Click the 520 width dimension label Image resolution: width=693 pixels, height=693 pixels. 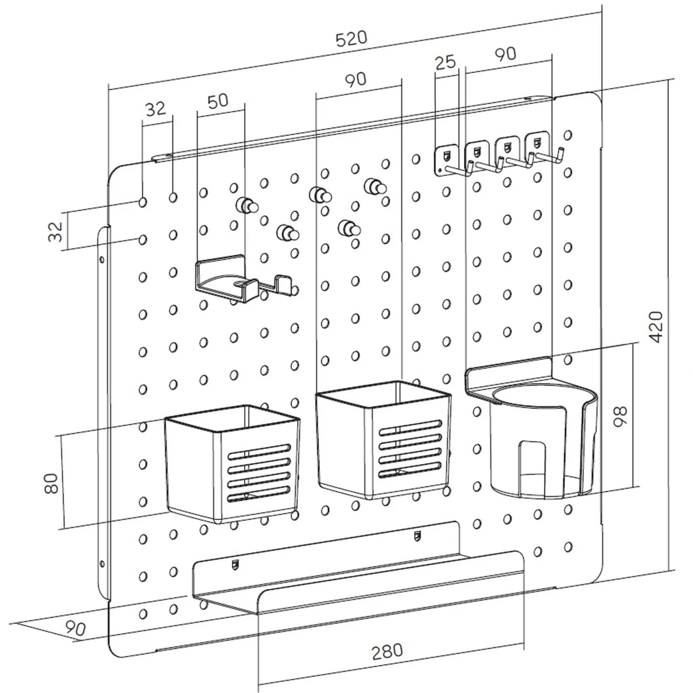coord(351,39)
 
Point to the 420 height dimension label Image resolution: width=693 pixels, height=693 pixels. coord(656,327)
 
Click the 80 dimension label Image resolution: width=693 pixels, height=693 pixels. coord(51,483)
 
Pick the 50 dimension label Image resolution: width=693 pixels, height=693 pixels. coord(218,101)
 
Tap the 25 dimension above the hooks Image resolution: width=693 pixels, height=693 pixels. coord(445,62)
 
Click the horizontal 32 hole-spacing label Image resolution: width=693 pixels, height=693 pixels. coord(156,109)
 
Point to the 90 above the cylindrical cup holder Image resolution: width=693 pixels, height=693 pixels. coord(505,54)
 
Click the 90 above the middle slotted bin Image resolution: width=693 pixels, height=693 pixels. coord(355,80)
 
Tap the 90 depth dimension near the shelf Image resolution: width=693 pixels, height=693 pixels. coord(76,628)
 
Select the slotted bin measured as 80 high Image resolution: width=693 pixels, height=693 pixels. coord(232,463)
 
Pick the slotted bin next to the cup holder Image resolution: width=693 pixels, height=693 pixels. coord(383,440)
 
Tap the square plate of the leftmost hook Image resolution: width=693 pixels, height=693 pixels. coord(446,160)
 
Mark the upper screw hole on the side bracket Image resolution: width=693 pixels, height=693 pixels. coord(102,258)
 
